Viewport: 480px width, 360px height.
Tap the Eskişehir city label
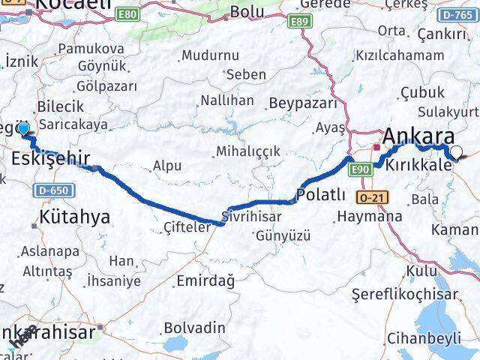pos(51,158)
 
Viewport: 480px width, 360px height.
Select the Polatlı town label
pos(321,195)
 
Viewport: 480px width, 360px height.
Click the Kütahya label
pos(75,217)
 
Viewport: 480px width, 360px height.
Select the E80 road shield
pos(128,14)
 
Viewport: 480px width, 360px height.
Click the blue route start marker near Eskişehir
pos(23,129)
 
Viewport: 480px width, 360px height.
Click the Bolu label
pos(247,12)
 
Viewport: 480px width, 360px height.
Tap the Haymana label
pos(369,216)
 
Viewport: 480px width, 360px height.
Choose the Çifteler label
pos(187,226)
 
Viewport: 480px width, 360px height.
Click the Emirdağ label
pos(205,280)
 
